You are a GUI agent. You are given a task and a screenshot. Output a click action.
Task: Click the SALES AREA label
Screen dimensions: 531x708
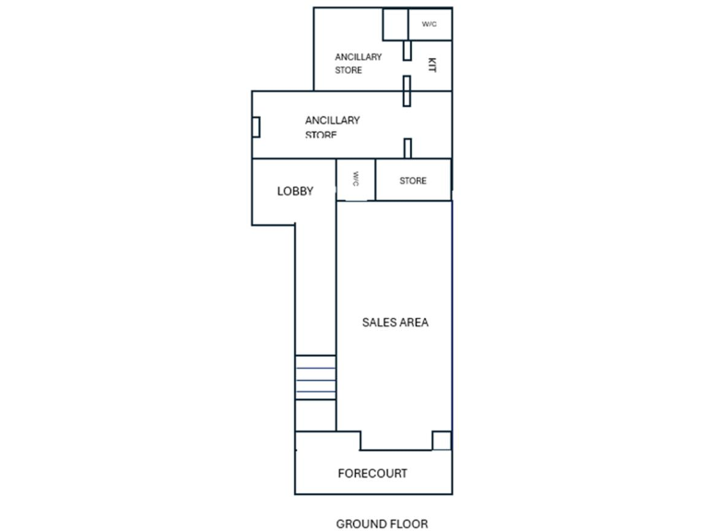coord(395,323)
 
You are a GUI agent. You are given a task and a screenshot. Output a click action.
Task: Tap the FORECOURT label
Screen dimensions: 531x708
coord(372,474)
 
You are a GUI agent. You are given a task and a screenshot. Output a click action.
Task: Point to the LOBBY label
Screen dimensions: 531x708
coord(295,192)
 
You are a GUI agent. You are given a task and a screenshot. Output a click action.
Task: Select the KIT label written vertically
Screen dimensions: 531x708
coord(431,65)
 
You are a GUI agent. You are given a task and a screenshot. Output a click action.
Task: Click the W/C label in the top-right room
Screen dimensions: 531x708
coord(430,24)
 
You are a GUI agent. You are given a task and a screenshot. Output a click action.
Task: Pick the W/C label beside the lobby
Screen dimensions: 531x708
coord(355,179)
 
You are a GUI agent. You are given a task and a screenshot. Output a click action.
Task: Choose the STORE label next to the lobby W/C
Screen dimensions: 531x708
coord(413,181)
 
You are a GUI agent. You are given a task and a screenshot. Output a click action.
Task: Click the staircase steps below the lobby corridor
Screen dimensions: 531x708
coord(315,378)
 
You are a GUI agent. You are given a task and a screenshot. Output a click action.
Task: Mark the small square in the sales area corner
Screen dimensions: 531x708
coord(442,441)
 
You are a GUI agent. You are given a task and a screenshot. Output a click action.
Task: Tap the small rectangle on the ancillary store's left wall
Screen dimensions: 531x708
coord(257,125)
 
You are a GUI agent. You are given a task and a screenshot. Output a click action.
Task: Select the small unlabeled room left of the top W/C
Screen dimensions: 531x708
coord(395,25)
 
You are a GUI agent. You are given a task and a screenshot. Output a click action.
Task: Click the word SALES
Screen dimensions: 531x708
coord(379,323)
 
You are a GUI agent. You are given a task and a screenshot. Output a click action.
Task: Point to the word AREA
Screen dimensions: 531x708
coord(413,323)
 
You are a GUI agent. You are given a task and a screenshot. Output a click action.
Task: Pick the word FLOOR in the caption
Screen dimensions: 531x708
coord(411,524)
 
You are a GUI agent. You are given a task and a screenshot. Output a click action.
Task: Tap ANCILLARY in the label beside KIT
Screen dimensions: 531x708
coord(358,57)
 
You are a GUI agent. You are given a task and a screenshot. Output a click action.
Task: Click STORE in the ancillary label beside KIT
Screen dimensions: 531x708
coord(348,70)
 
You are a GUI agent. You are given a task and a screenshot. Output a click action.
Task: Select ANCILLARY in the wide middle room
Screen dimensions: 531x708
coord(332,120)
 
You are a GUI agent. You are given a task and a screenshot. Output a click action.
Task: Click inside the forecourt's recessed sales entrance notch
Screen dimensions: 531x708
coord(396,441)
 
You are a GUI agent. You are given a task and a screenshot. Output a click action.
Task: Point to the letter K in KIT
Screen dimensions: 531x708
coord(431,71)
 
